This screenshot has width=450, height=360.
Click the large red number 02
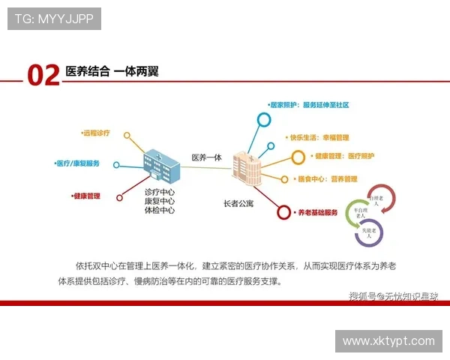43,75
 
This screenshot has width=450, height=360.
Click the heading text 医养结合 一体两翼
112,72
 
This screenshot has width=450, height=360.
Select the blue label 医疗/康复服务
78,163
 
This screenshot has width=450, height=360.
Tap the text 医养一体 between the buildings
207,157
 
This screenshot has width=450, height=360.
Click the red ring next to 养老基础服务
283,213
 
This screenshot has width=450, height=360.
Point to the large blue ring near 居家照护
262,118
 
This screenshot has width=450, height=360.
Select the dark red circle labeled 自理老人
376,199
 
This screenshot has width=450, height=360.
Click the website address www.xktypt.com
388,340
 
